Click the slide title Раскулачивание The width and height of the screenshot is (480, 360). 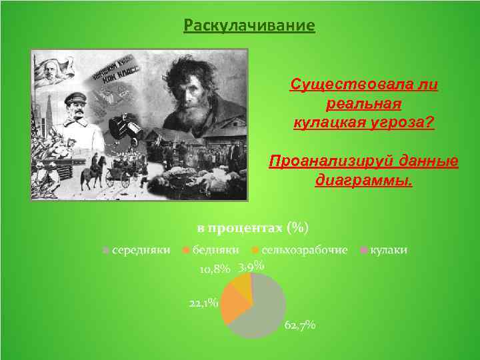click(x=249, y=26)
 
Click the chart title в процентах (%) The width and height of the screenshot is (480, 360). click(x=253, y=228)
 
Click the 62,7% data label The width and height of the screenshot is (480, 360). click(x=300, y=325)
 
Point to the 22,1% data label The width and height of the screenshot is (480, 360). click(x=203, y=303)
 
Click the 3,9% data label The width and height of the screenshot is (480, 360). click(x=252, y=267)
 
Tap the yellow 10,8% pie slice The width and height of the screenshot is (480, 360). click(x=241, y=285)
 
